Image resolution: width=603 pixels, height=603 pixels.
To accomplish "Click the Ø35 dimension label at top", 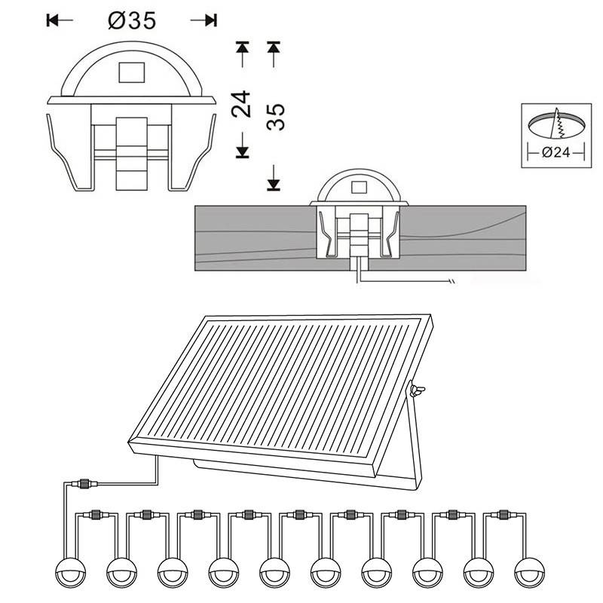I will click(132, 20).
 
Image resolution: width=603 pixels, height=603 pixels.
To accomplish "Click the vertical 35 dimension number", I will click(276, 117).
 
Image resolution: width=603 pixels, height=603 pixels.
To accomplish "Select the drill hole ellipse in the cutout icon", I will click(556, 122).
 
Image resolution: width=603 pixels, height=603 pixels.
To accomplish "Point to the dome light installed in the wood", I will click(360, 188).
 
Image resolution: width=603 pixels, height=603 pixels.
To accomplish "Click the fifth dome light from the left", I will click(274, 571).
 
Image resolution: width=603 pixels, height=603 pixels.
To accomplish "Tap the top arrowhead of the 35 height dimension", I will click(274, 47).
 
